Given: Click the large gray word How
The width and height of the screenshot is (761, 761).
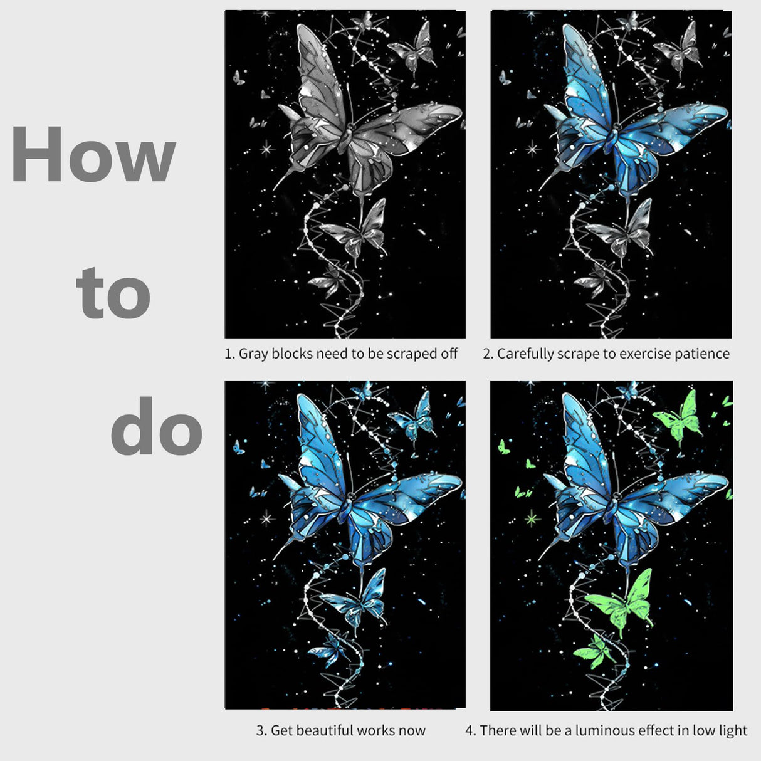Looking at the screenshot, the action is pos(93,154).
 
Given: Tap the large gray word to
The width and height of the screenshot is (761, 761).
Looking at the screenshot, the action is pos(113,293).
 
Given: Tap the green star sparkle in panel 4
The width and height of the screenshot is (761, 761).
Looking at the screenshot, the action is pos(532,518).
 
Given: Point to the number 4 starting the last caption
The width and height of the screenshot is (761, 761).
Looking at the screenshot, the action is pos(469,730).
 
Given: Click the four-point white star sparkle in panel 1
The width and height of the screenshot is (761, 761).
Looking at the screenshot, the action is pos(267,149).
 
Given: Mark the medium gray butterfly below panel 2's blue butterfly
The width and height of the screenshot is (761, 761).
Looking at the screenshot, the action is pos(619,233).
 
